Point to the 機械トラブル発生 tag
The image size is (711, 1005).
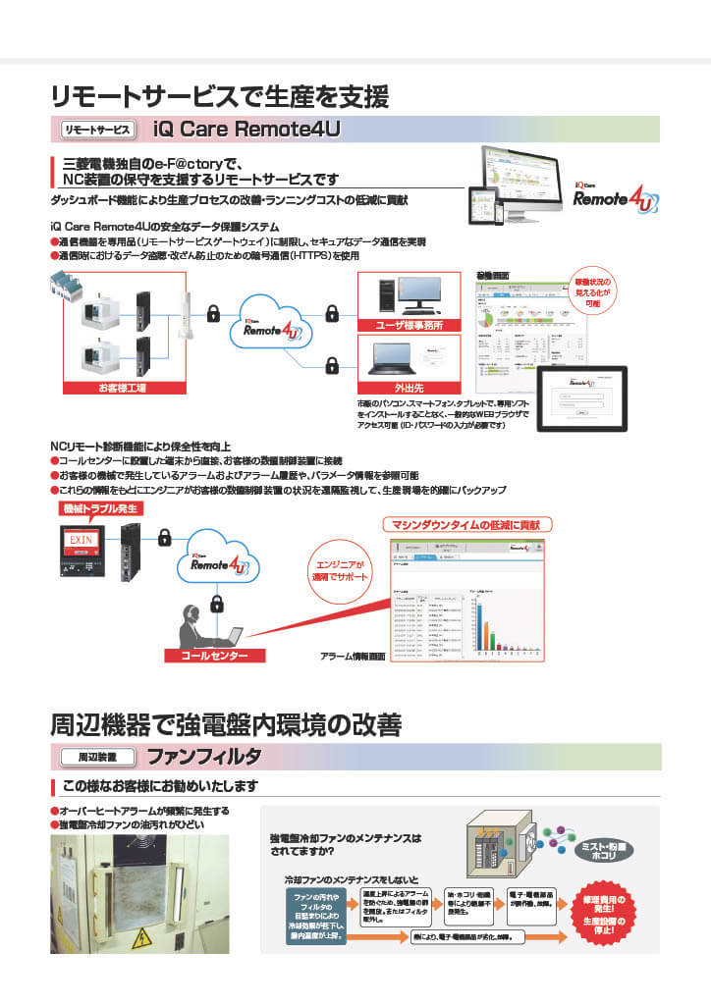(x=99, y=508)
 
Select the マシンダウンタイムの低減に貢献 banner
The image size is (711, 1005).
(x=467, y=525)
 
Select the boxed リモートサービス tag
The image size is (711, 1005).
(x=96, y=129)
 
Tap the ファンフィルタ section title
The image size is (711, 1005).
(x=203, y=756)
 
